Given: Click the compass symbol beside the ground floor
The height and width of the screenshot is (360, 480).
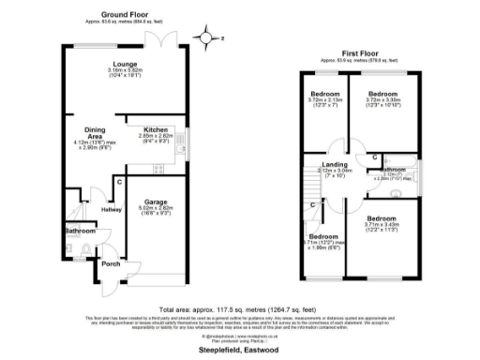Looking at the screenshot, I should (208, 37).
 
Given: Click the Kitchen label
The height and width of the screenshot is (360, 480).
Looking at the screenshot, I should (155, 130).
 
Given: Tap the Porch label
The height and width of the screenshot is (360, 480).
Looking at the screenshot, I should (111, 263).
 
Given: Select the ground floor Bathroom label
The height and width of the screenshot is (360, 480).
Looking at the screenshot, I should (80, 230).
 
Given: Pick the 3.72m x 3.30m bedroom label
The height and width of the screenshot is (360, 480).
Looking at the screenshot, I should (384, 95).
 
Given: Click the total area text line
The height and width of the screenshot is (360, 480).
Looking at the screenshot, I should (240, 307).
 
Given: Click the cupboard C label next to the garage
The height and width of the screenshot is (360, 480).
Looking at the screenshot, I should (121, 181).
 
